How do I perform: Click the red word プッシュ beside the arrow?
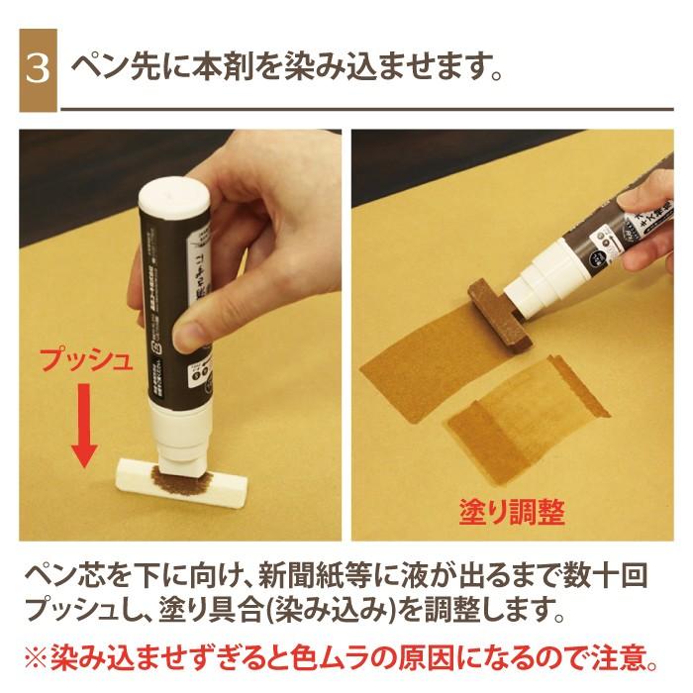(x=86, y=363)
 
